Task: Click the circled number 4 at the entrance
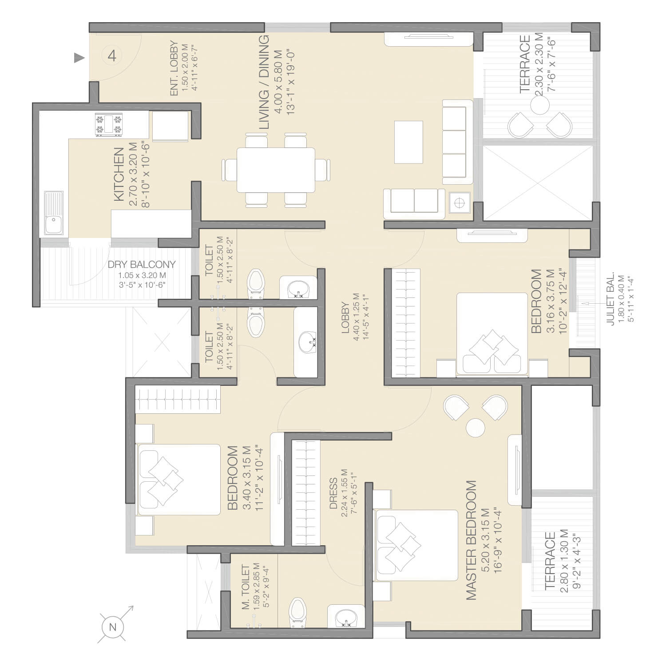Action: (x=112, y=56)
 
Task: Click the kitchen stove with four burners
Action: (x=108, y=125)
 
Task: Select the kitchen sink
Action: (x=54, y=214)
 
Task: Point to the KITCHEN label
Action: (x=119, y=174)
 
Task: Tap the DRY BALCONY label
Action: (x=142, y=265)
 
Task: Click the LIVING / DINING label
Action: (x=264, y=82)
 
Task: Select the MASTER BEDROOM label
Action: (x=471, y=540)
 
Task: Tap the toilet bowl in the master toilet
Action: (x=296, y=613)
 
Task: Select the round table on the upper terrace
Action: (x=540, y=106)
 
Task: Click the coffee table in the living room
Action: (x=408, y=142)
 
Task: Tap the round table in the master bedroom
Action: (x=476, y=427)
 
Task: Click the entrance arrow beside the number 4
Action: (x=79, y=57)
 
